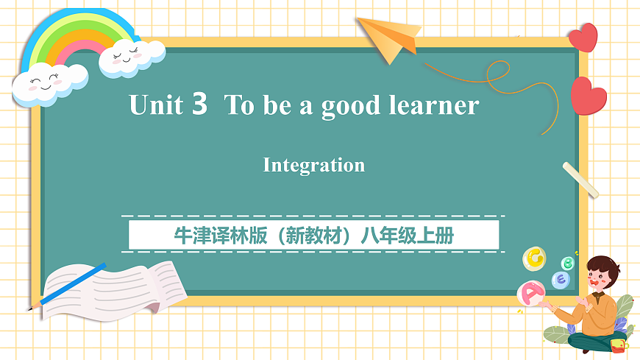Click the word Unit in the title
155,105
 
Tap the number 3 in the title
199,105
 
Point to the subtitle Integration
314,165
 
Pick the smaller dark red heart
583,37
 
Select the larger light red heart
589,96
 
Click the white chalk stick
580,180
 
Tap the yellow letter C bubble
534,258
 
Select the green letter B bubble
568,263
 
